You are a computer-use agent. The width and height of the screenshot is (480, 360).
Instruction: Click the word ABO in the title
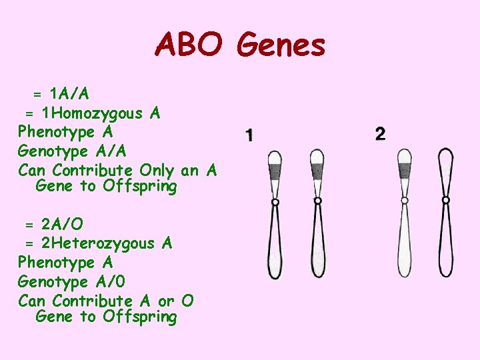pos(191,45)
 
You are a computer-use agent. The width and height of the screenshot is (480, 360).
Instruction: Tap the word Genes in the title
pos(281,45)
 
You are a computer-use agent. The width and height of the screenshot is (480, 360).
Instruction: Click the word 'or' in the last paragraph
pos(166,301)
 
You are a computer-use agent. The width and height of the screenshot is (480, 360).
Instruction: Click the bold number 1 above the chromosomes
pos(249,136)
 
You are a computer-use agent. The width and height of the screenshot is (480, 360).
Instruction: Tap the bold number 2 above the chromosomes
pos(380,134)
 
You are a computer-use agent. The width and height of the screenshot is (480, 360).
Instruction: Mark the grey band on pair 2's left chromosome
pos(404,171)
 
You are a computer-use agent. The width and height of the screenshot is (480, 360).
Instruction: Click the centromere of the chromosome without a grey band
pos(446,199)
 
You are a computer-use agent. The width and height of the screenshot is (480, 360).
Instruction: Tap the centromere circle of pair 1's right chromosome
pos(318,200)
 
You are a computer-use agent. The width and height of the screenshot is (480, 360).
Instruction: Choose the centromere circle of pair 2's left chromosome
pos(405,200)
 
